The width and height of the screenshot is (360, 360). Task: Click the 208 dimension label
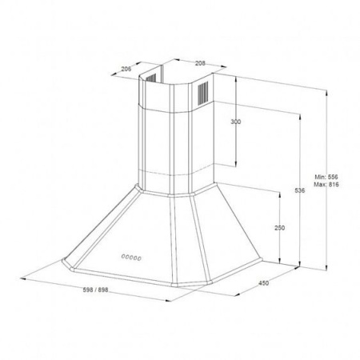200,63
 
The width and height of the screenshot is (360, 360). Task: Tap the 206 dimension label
126,69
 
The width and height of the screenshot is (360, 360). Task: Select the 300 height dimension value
235,122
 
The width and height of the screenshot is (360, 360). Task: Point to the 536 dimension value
300,190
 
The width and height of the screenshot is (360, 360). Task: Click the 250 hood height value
279,228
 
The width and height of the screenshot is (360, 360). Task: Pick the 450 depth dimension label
264,283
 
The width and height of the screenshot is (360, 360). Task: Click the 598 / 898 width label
95,290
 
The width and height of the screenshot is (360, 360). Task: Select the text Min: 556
326,177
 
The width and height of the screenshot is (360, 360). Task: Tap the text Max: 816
326,184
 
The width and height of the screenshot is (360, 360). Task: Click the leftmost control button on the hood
123,256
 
